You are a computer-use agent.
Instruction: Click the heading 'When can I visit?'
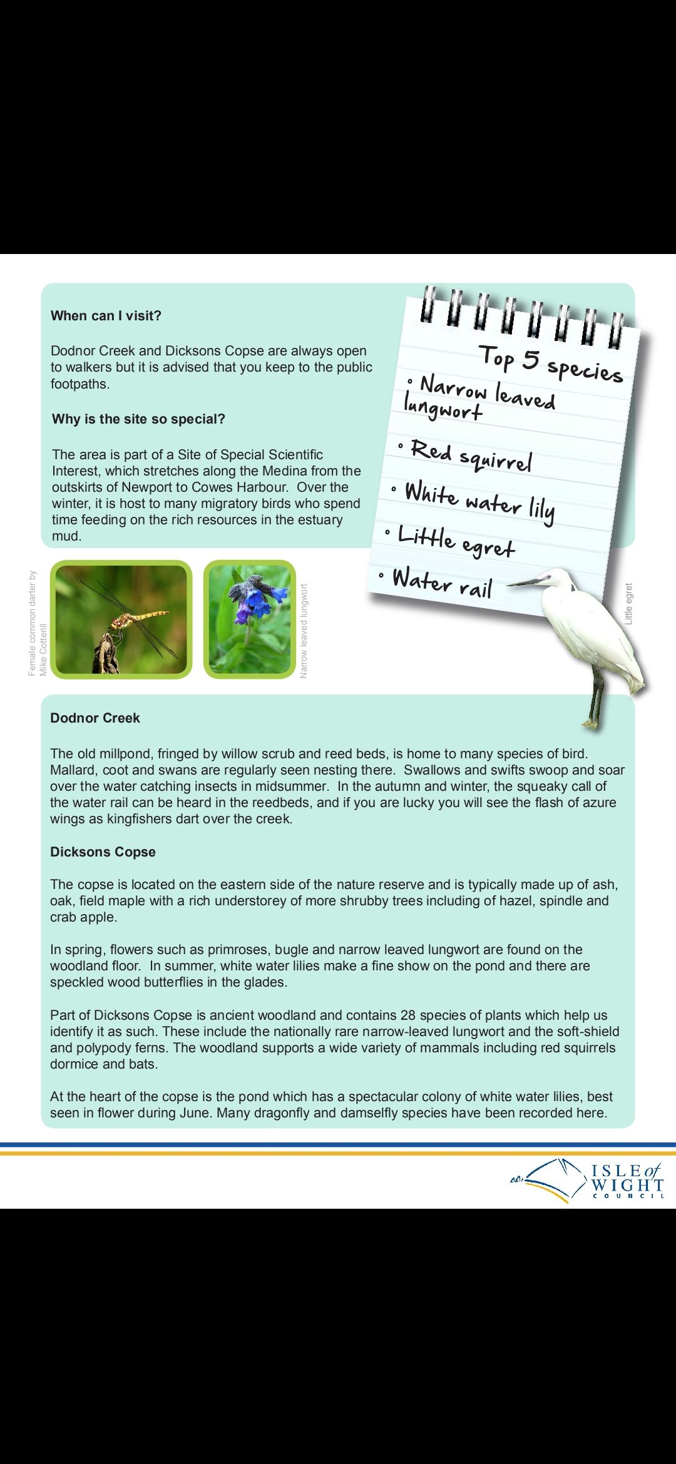(x=106, y=316)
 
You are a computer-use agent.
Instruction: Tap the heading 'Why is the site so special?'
(x=138, y=419)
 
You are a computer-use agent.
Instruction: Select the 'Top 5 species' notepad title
(x=551, y=364)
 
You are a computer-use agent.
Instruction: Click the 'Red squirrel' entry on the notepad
(x=471, y=456)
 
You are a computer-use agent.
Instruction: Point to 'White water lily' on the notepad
(x=479, y=503)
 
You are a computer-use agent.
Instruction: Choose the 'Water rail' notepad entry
(x=442, y=582)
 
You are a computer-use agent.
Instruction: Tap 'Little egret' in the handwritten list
(x=456, y=542)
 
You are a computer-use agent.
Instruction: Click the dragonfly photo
(x=121, y=619)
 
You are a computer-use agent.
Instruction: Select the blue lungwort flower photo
(x=250, y=619)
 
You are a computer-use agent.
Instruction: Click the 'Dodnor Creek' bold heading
(x=95, y=718)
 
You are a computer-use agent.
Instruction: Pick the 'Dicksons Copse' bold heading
(x=103, y=852)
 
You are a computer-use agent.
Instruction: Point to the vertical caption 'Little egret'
(x=628, y=604)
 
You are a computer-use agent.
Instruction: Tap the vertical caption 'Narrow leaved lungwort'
(x=304, y=631)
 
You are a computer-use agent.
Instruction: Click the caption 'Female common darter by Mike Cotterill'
(x=38, y=623)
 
